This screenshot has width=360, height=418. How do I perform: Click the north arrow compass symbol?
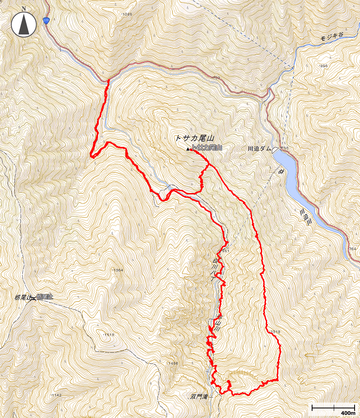click(24, 24)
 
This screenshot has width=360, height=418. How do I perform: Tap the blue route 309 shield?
click(46, 20)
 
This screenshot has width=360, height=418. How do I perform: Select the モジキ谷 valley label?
click(331, 37)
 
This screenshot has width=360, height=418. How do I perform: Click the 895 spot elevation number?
click(323, 66)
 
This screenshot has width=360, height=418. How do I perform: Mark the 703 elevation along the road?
click(216, 78)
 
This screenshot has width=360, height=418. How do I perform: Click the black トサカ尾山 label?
click(194, 138)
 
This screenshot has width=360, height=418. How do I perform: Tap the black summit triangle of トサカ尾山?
click(187, 149)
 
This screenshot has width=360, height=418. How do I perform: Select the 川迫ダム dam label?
click(259, 149)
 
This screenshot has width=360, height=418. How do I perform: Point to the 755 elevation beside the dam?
click(285, 149)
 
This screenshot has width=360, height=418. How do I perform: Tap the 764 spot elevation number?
click(352, 249)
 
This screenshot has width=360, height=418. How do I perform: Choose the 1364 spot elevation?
click(118, 270)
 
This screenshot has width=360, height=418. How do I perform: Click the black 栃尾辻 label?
click(23, 297)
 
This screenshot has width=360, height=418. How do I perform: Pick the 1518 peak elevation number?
click(109, 335)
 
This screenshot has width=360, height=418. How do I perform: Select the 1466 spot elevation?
click(173, 364)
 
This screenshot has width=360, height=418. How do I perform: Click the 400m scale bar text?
click(347, 413)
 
